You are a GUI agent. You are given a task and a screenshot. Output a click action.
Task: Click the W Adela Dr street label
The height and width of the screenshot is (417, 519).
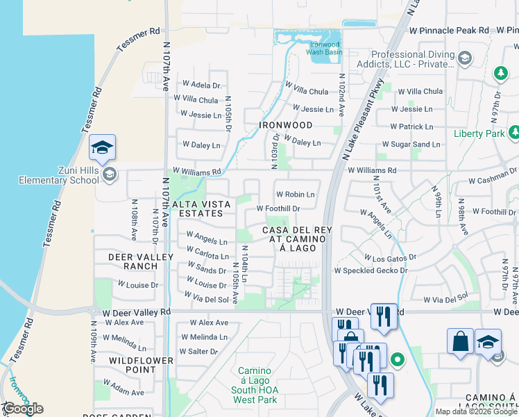[x=201, y=85]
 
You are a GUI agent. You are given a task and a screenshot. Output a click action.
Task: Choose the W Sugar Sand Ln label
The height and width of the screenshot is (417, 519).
[x=410, y=145]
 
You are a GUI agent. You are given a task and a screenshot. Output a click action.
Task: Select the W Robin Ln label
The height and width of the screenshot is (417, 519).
[x=295, y=195]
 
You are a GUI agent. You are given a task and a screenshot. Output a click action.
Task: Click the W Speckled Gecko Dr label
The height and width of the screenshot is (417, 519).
[x=375, y=270]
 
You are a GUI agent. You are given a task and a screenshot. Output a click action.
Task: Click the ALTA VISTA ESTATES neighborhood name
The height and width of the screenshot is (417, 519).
[x=197, y=208]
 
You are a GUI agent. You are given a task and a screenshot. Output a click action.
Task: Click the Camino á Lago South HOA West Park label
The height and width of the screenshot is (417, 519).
[x=257, y=385]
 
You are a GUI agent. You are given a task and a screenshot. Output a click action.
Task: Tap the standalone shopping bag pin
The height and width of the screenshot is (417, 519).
[x=460, y=341]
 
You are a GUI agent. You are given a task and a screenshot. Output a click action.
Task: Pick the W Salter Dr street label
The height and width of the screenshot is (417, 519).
[x=198, y=352]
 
